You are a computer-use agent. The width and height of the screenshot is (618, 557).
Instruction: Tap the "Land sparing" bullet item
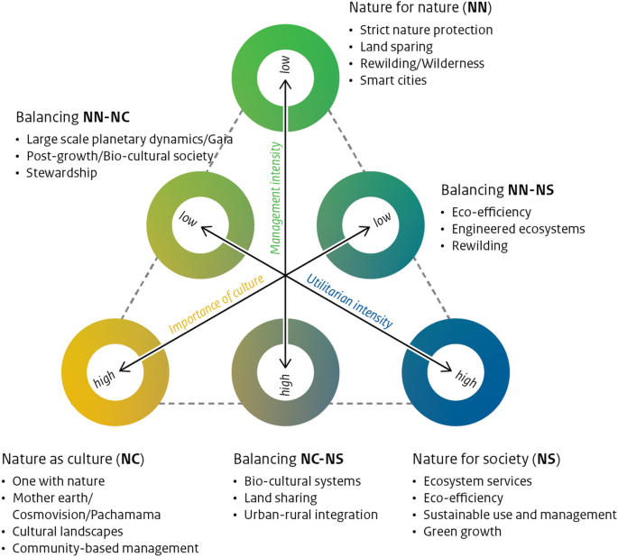(396, 46)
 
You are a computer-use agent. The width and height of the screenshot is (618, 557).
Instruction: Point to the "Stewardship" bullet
(61, 172)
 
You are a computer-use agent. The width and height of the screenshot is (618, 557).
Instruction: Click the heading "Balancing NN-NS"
(497, 190)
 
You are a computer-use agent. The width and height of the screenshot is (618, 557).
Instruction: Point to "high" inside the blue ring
(465, 379)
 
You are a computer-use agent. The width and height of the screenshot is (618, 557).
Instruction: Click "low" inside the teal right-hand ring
(382, 219)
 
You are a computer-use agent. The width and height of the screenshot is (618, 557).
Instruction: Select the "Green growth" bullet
(462, 532)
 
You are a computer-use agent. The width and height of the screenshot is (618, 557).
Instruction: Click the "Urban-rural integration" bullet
(310, 515)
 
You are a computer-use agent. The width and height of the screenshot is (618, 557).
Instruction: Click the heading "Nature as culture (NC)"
(72, 459)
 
